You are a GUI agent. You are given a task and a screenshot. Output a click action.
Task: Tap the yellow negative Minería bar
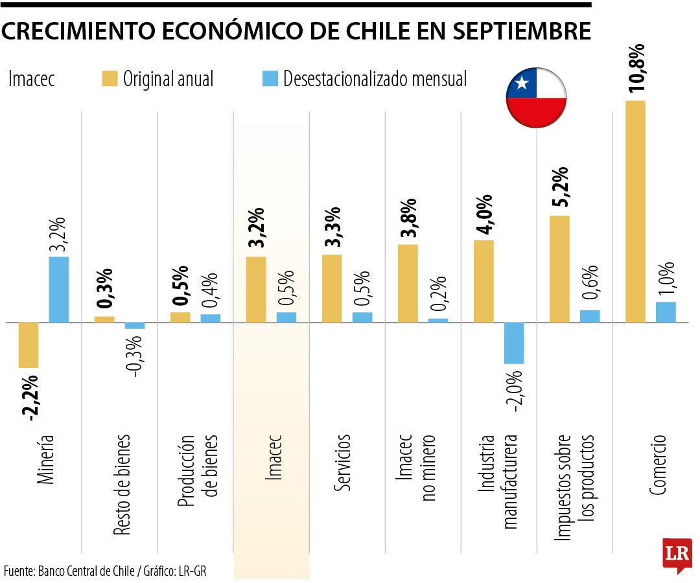(29, 345)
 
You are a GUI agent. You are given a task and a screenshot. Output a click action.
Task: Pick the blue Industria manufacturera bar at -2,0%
(514, 343)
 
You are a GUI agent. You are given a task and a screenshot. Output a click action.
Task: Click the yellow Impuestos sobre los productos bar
(559, 269)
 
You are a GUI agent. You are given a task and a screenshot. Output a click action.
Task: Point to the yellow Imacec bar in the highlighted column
(256, 290)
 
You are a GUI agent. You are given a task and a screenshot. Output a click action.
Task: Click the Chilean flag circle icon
(536, 98)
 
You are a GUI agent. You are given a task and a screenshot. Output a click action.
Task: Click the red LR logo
(677, 554)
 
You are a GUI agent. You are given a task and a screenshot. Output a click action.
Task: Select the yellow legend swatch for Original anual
(110, 79)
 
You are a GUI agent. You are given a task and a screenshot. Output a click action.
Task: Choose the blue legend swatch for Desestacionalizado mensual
(270, 79)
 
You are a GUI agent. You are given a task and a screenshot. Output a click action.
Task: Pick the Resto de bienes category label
(121, 485)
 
